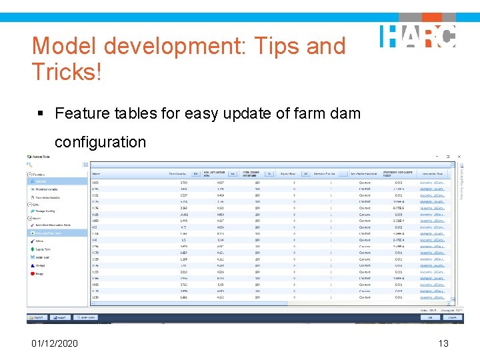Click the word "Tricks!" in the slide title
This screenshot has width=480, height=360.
(67, 71)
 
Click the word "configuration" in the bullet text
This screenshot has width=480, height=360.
(100, 142)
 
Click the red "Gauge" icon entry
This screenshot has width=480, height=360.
(39, 273)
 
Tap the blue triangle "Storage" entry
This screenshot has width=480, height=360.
(40, 265)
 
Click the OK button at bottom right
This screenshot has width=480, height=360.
(432, 318)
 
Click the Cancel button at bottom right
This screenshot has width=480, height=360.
(451, 318)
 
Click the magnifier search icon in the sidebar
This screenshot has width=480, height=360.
(30, 164)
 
